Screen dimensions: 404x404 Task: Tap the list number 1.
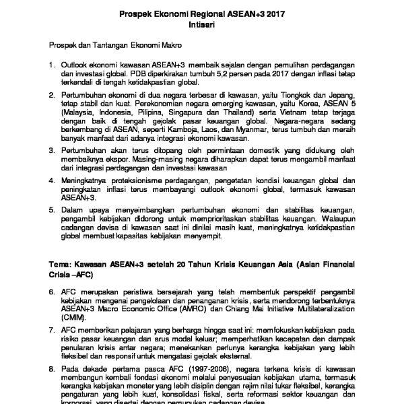point(50,66)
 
